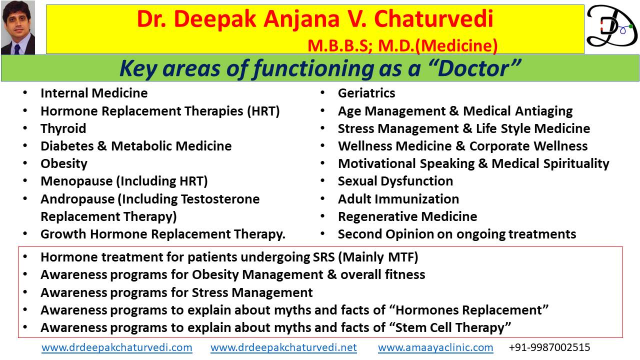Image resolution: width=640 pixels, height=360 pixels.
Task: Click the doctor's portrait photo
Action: [x=18, y=27]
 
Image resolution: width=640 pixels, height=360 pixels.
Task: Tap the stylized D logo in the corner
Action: [x=611, y=26]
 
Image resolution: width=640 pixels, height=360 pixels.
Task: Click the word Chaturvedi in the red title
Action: [x=433, y=19]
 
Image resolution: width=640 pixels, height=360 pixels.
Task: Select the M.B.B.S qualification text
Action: [x=339, y=45]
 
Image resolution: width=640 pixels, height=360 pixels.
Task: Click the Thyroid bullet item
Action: [x=63, y=128]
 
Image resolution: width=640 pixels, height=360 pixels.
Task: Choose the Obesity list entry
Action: [x=64, y=163]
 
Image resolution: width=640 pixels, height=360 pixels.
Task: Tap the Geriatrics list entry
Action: [x=366, y=93]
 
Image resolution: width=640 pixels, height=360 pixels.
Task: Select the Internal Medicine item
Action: [x=94, y=93]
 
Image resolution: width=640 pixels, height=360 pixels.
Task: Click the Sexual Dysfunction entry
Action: [x=395, y=181]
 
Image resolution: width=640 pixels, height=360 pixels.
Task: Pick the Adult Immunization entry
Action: [x=398, y=199]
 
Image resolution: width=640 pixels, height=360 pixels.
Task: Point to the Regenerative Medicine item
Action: [x=407, y=216]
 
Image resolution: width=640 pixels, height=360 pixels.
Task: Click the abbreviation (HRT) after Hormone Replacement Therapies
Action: [x=263, y=111]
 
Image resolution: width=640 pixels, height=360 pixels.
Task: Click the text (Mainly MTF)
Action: [x=378, y=257]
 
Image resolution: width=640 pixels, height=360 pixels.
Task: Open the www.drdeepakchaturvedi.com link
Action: [x=117, y=347]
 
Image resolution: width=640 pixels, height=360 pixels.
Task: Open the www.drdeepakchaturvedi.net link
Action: [x=283, y=347]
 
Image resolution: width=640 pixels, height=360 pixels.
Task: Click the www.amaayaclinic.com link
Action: [x=435, y=347]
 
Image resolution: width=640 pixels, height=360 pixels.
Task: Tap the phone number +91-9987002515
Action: [x=549, y=347]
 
